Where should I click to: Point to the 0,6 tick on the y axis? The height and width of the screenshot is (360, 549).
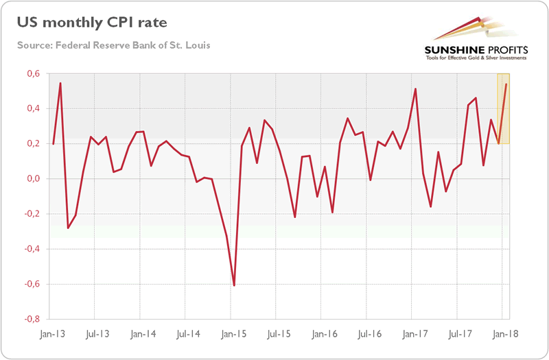pyautogui.click(x=32, y=74)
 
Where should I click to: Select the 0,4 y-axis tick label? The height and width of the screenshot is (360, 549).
pyautogui.click(x=32, y=109)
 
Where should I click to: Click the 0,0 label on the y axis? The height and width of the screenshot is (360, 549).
pyautogui.click(x=32, y=179)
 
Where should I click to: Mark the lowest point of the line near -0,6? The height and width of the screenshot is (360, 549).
pyautogui.click(x=234, y=285)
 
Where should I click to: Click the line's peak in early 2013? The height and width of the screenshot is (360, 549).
pyautogui.click(x=60, y=83)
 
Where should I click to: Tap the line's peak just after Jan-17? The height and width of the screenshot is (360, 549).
pyautogui.click(x=416, y=88)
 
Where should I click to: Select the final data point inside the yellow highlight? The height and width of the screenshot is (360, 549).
pyautogui.click(x=506, y=84)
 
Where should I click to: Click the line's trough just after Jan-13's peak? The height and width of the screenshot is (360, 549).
pyautogui.click(x=68, y=228)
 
